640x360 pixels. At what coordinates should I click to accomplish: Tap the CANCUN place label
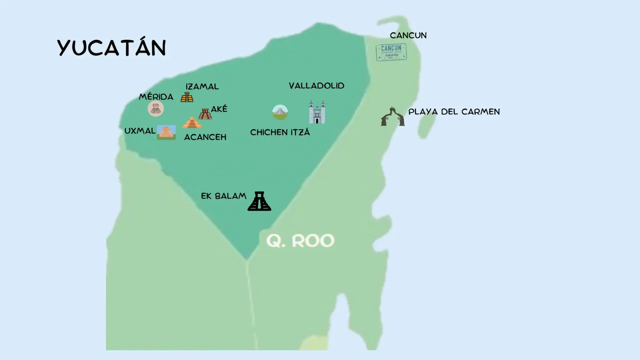408,35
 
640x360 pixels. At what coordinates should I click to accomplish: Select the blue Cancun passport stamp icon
391,52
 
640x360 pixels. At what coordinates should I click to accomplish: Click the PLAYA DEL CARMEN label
454,112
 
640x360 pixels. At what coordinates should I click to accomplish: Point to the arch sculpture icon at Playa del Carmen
393,117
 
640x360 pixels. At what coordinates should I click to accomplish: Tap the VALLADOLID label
316,86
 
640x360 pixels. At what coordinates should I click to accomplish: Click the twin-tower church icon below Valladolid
317,112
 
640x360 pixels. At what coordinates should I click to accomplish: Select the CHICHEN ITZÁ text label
280,132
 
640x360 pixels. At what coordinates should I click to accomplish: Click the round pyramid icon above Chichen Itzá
280,112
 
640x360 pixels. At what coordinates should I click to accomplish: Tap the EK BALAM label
224,196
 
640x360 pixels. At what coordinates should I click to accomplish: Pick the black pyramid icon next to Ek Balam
259,201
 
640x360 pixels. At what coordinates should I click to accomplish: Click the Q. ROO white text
300,241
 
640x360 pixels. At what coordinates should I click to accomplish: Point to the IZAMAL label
202,87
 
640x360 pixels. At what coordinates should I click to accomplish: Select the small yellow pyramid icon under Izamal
187,97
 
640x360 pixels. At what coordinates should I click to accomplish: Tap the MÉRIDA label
156,97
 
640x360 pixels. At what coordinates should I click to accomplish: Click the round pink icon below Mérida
156,109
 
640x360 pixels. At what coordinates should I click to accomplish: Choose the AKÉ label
219,109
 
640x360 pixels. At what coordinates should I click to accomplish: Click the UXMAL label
140,131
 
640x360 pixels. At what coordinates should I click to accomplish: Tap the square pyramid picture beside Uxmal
166,132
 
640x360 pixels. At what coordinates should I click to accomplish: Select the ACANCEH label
205,137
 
